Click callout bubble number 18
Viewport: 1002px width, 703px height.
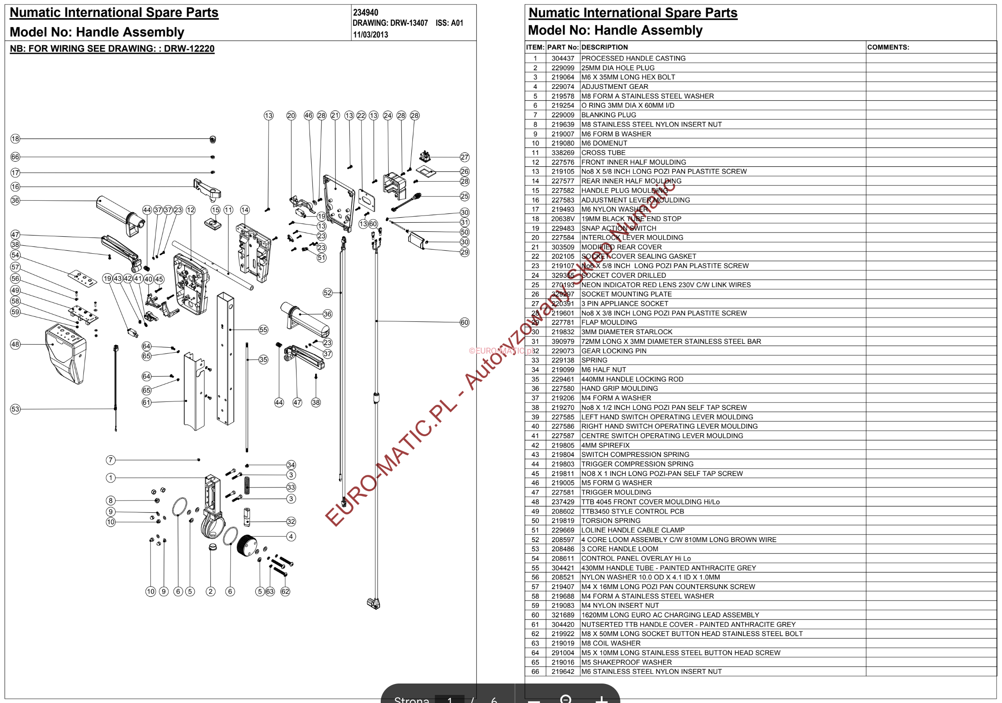[x=15, y=139]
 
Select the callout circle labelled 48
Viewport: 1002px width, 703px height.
[x=15, y=344]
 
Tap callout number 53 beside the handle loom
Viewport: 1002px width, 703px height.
[x=15, y=409]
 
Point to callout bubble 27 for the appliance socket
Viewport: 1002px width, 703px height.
[x=464, y=157]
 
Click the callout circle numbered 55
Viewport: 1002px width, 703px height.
[x=263, y=329]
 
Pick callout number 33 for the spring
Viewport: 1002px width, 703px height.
[x=291, y=487]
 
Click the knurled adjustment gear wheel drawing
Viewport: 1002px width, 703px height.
[x=247, y=545]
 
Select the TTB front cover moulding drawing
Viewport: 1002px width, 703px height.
[x=66, y=354]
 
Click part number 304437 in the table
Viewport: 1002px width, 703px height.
[x=562, y=58]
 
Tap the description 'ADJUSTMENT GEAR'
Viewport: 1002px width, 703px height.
[x=614, y=87]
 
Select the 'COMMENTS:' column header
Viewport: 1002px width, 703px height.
[x=888, y=47]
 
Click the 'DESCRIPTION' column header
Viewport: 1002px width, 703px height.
[x=604, y=47]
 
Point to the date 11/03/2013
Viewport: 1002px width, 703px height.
[x=370, y=35]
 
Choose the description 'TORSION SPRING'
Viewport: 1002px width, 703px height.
[x=611, y=520]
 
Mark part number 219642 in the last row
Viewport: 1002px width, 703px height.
[x=562, y=672]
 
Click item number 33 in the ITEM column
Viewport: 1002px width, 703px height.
[x=535, y=360]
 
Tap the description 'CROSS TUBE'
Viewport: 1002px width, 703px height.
[x=603, y=153]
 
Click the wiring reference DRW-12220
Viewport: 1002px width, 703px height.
[x=189, y=48]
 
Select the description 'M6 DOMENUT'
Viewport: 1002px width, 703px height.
[x=604, y=143]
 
